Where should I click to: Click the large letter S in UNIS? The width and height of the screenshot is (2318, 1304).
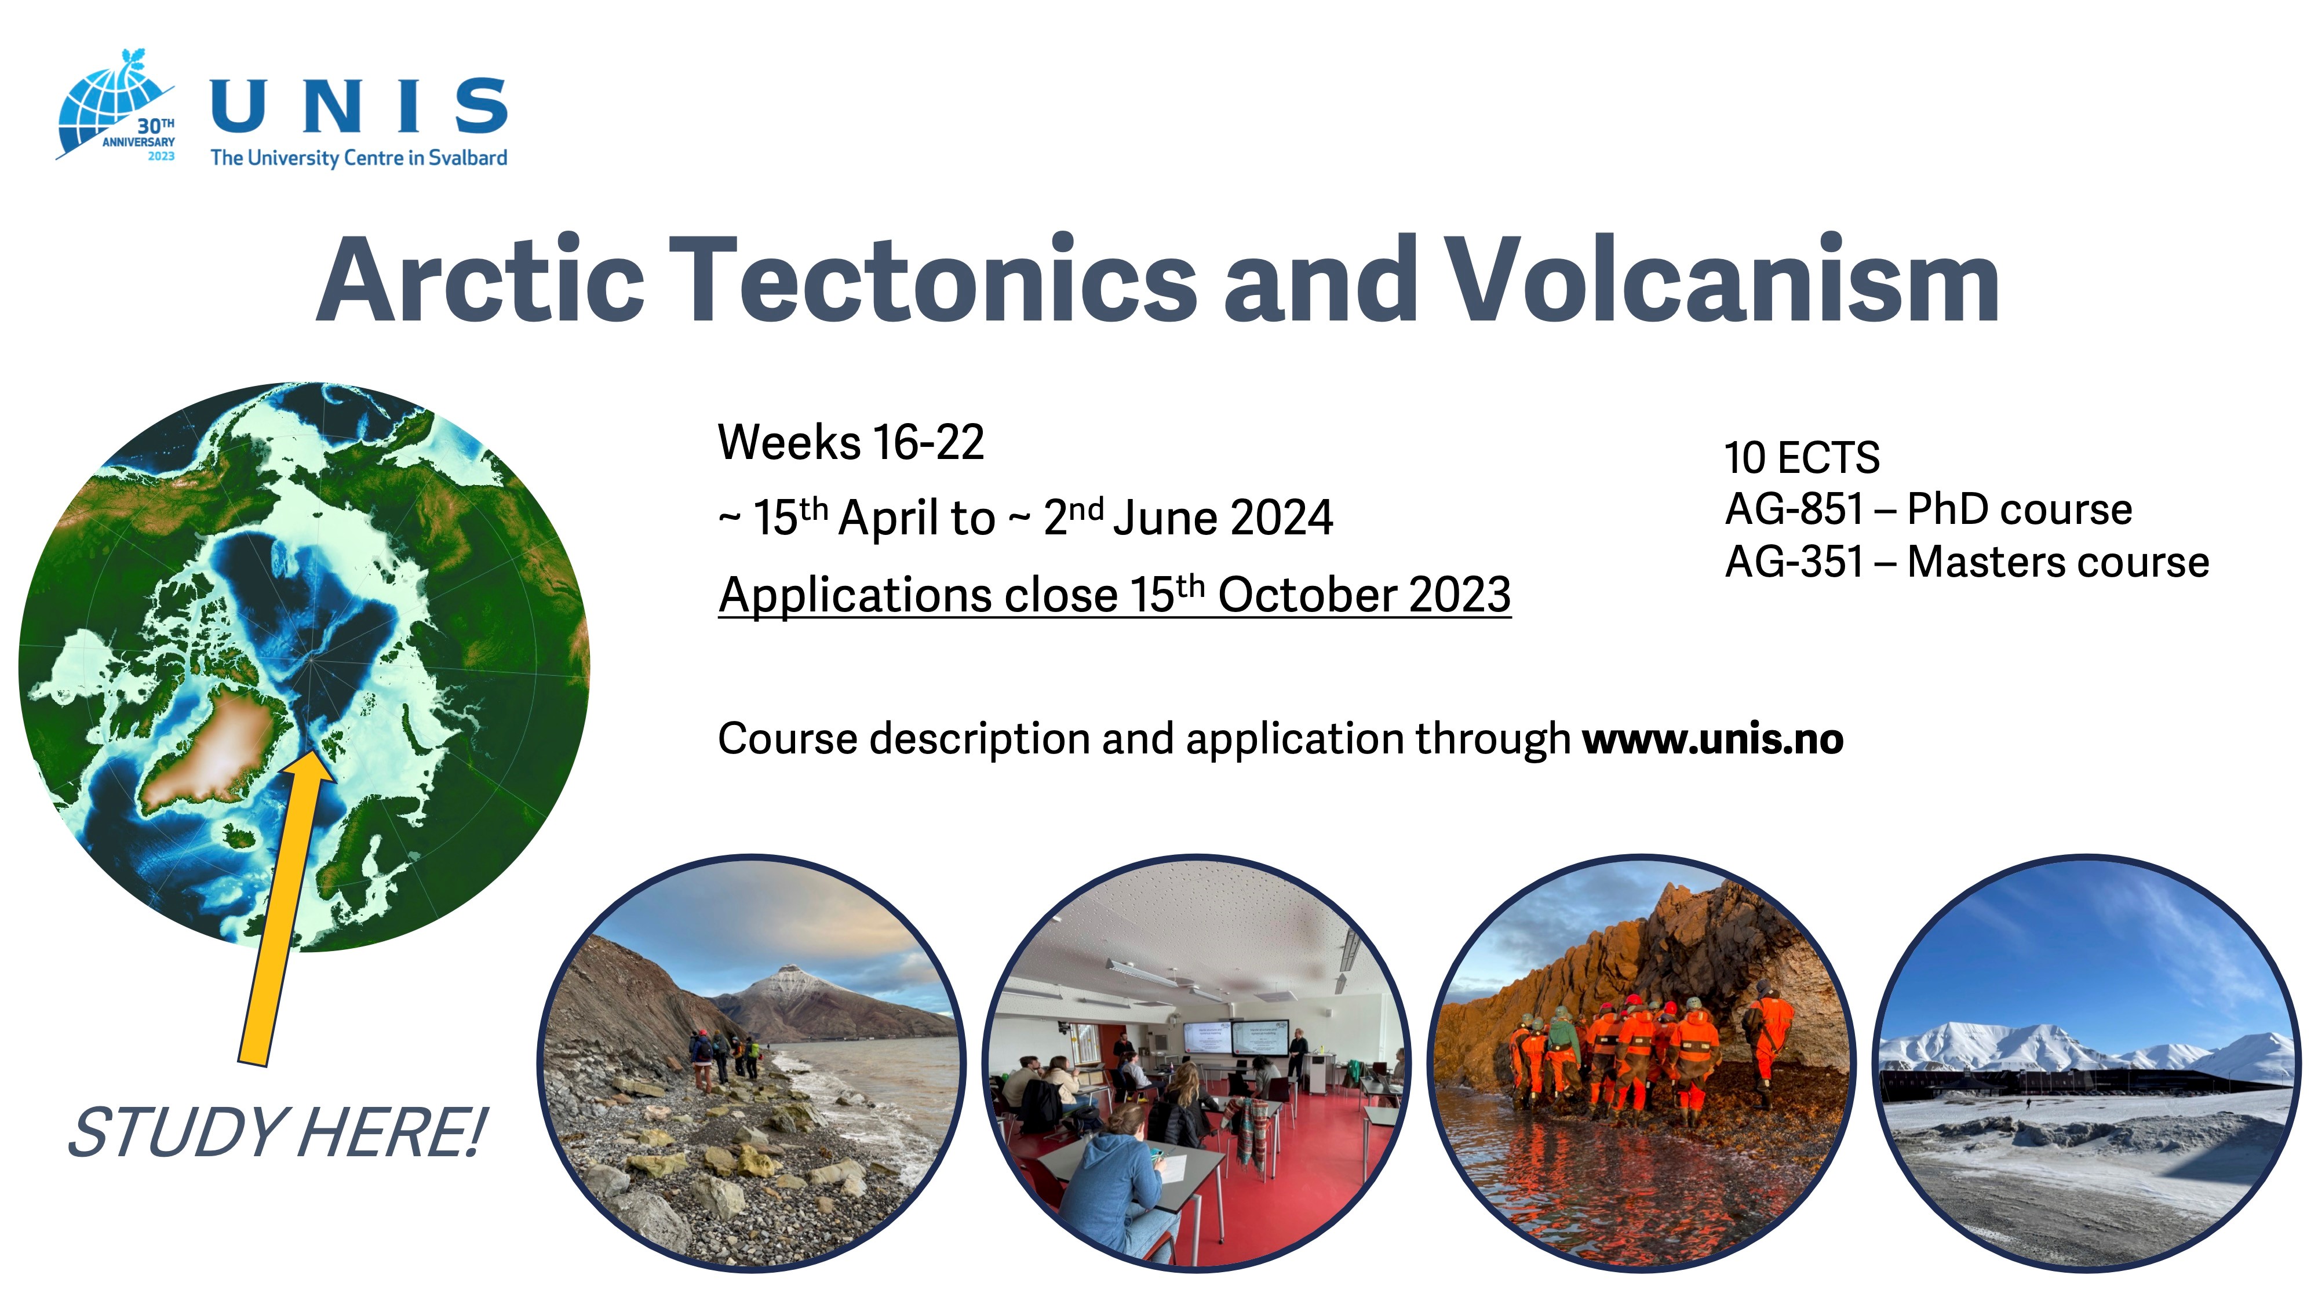click(x=482, y=105)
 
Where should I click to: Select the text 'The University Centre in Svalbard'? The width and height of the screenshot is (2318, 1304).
click(x=358, y=158)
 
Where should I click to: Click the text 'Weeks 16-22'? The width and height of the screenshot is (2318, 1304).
click(x=850, y=443)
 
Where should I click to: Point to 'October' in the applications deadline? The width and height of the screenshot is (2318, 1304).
click(x=1305, y=596)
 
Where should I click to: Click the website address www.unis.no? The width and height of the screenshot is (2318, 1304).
click(x=1712, y=740)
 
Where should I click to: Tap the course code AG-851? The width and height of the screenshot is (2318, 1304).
click(x=1794, y=510)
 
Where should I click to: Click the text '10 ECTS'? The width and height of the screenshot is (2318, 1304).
click(x=1802, y=458)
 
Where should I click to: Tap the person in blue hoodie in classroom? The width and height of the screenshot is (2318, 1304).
click(x=1111, y=1179)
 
